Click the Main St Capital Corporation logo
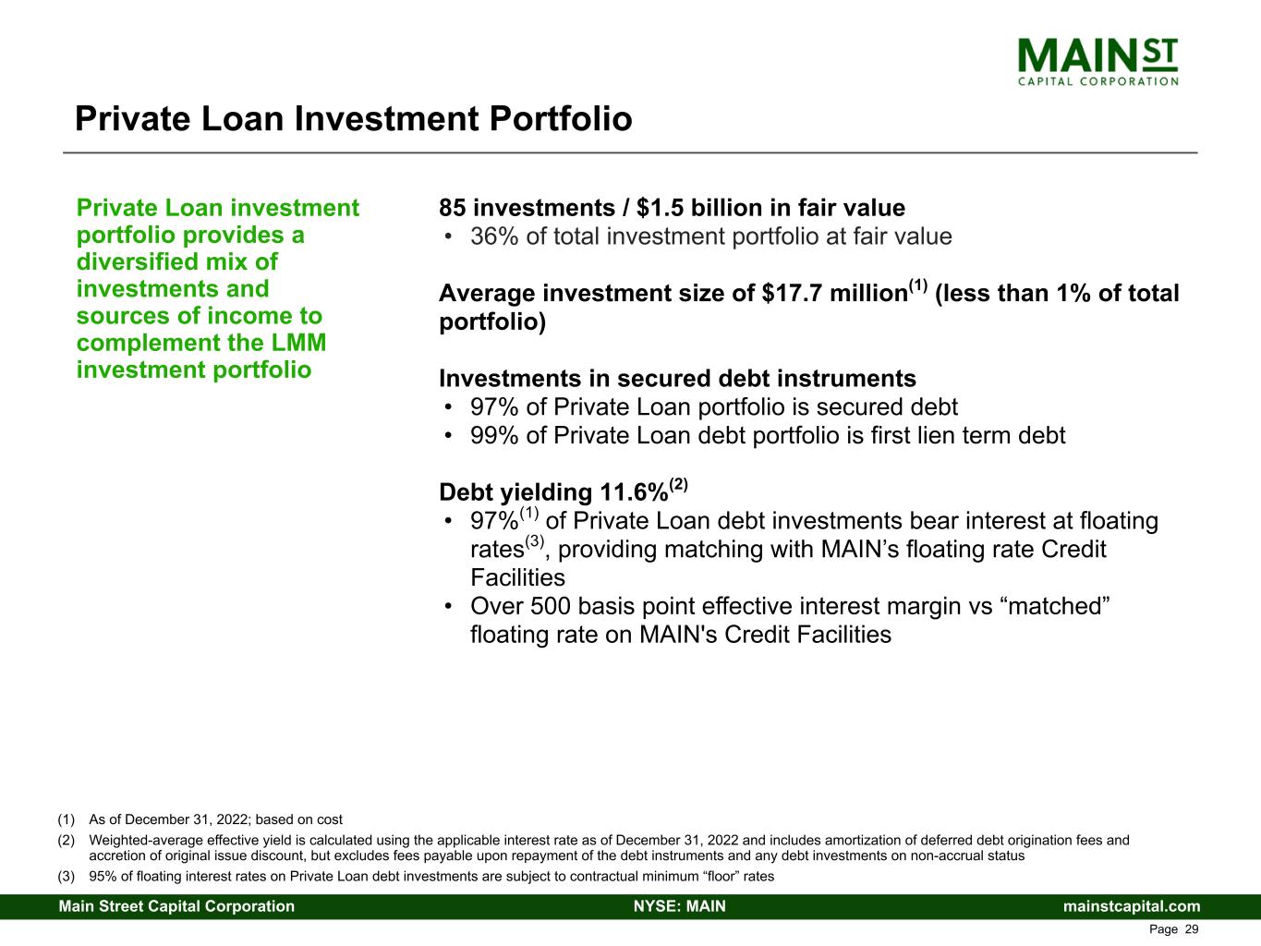point(1097,61)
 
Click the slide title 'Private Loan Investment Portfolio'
point(353,119)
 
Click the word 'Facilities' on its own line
point(517,578)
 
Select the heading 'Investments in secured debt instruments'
point(677,379)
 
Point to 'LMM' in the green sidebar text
point(301,343)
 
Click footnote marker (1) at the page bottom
point(66,819)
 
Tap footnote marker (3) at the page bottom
point(66,877)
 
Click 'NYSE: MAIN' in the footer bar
point(679,906)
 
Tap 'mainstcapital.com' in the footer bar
point(1132,906)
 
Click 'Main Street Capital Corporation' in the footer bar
point(176,906)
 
